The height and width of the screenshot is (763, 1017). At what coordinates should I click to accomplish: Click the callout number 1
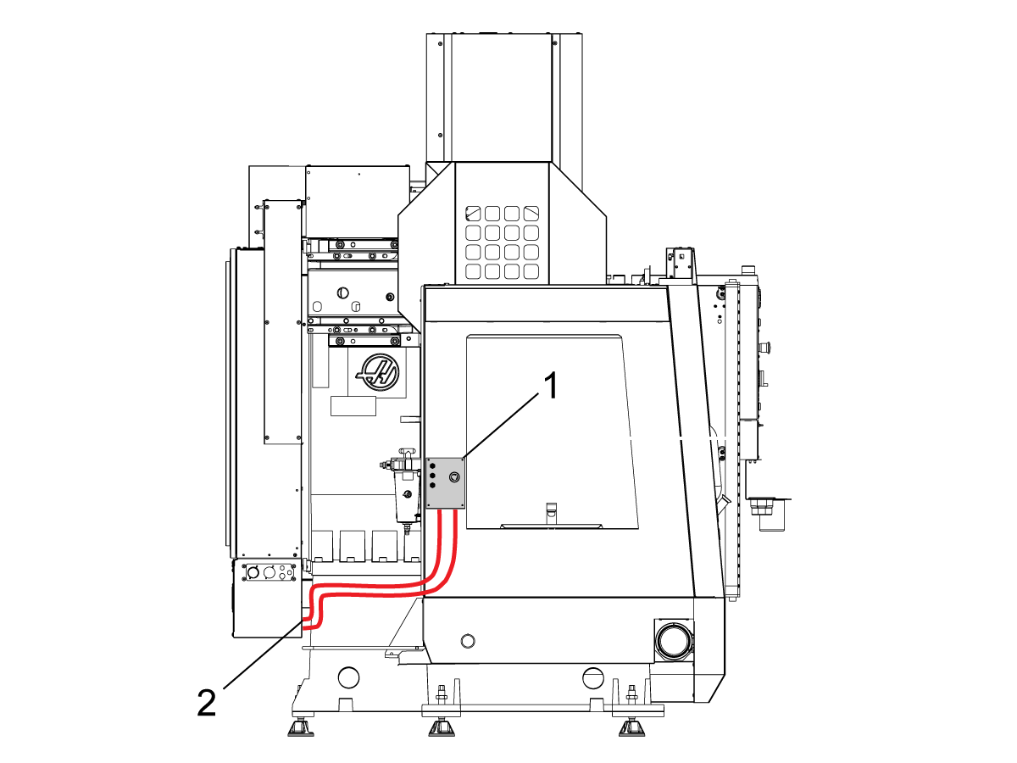551,388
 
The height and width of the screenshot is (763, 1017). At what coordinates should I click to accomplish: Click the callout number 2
207,702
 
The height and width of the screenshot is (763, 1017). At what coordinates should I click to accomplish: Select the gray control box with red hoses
446,483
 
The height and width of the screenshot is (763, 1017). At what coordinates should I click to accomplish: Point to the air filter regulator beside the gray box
404,492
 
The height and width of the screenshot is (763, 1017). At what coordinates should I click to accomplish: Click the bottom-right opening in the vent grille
531,272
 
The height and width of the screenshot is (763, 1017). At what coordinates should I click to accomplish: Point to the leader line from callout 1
504,427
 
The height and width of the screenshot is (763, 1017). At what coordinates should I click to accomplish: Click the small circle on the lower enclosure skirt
465,639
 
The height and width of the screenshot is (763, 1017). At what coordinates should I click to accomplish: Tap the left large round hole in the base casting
347,677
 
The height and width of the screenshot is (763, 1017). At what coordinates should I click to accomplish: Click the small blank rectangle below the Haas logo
353,405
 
